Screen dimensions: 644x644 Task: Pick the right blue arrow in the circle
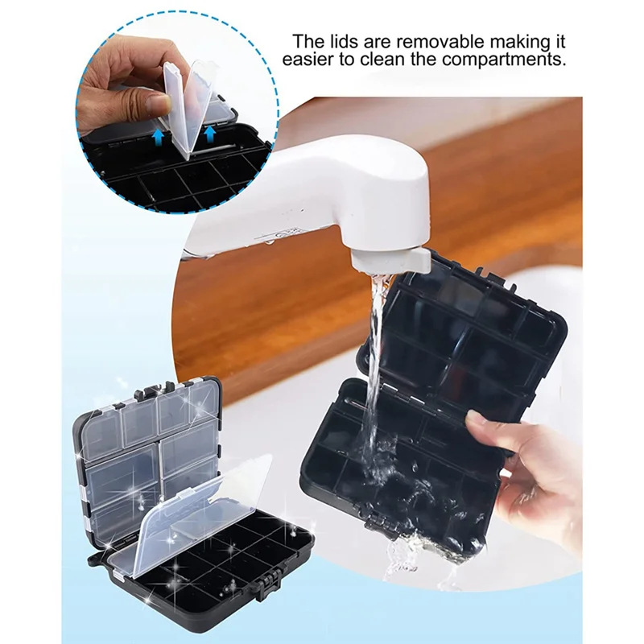point(210,133)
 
